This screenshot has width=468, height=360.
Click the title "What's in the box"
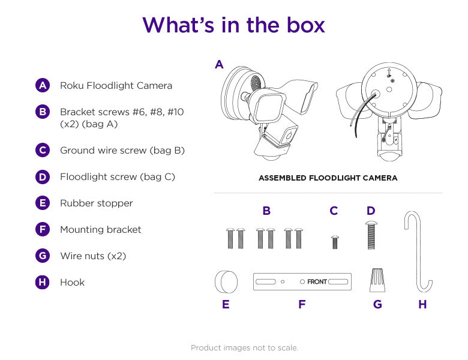[233, 25]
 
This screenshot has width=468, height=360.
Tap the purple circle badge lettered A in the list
[42, 85]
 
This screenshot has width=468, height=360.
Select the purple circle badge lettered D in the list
[42, 176]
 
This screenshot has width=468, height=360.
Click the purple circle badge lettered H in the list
[42, 282]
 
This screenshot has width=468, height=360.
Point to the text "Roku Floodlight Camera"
[116, 85]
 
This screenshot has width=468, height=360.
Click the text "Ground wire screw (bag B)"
[122, 150]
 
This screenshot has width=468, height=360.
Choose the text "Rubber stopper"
[96, 203]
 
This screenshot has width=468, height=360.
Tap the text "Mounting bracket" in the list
[100, 229]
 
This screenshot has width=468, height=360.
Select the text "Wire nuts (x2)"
[93, 256]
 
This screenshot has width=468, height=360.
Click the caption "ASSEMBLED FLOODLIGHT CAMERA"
[328, 178]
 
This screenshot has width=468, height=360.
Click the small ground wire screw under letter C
[334, 242]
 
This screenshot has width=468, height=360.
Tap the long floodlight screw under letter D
[370, 236]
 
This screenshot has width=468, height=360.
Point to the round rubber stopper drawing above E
[226, 281]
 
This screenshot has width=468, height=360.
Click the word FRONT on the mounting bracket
[317, 281]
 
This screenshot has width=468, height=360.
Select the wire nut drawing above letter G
[377, 280]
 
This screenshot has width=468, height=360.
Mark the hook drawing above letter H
[418, 252]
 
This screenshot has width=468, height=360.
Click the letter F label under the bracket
[302, 305]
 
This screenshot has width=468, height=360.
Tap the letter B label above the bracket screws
[266, 211]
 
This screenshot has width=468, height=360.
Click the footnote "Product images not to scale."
[244, 348]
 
